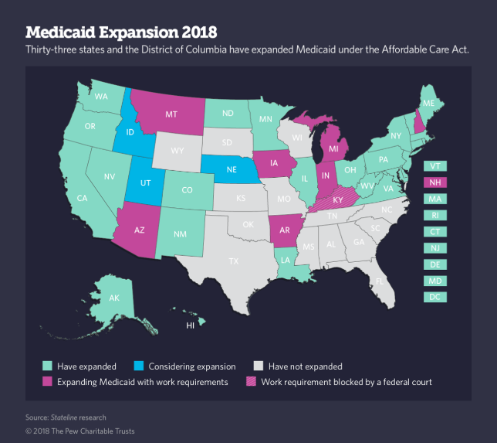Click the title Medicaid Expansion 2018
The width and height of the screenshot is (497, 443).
tap(121, 32)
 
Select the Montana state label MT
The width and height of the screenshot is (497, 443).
tap(172, 114)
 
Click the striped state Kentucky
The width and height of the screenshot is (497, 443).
tap(338, 199)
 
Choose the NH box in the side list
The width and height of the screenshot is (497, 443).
tap(435, 182)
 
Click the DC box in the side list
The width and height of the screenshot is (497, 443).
tap(435, 297)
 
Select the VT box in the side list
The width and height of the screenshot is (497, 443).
tap(435, 165)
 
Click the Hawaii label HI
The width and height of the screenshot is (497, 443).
tap(190, 326)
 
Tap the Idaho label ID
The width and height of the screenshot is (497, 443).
tap(129, 132)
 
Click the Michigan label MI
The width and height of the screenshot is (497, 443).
tap(334, 148)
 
